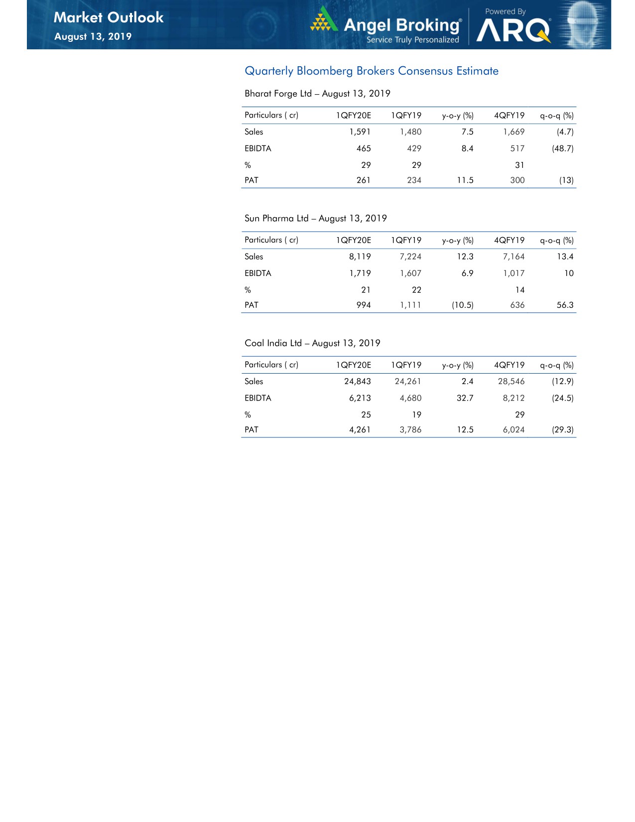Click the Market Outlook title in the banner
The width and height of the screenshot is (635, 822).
click(109, 17)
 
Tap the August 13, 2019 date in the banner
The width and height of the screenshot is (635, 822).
click(93, 36)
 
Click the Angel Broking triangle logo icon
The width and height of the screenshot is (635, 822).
click(324, 19)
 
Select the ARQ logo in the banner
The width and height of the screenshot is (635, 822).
click(513, 31)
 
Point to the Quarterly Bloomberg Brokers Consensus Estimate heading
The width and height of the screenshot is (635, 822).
click(372, 71)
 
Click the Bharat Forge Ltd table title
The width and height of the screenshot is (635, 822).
click(317, 94)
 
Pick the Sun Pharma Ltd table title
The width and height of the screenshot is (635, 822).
click(315, 218)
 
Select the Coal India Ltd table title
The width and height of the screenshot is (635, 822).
click(312, 343)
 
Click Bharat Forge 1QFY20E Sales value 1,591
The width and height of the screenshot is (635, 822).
click(360, 132)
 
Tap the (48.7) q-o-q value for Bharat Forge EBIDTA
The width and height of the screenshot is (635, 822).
click(562, 148)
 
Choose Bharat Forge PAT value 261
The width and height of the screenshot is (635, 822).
click(364, 180)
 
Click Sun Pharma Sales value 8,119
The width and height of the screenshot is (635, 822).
click(360, 257)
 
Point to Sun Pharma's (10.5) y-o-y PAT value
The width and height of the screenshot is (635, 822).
click(462, 305)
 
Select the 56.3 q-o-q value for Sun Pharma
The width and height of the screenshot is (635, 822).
click(565, 305)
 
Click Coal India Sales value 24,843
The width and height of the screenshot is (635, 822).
click(357, 382)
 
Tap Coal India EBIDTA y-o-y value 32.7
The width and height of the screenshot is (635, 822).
click(465, 398)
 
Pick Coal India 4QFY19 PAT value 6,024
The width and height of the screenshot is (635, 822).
click(513, 429)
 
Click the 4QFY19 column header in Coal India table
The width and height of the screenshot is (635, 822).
click(509, 365)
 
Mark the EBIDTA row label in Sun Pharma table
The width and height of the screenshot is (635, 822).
click(258, 274)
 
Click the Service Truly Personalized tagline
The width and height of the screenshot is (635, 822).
click(413, 40)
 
